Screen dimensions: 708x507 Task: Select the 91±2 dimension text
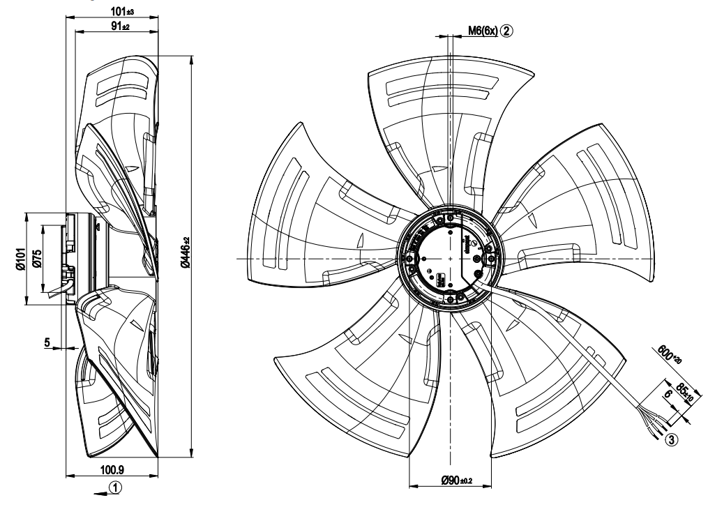120,26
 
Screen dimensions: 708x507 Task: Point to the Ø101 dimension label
20,259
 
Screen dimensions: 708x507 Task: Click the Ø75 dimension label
37,258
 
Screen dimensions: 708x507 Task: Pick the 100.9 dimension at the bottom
112,470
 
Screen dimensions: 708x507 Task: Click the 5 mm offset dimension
47,342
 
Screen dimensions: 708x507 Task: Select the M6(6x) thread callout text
482,31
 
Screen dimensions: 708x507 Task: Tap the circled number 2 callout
506,31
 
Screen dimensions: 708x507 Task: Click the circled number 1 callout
116,487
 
